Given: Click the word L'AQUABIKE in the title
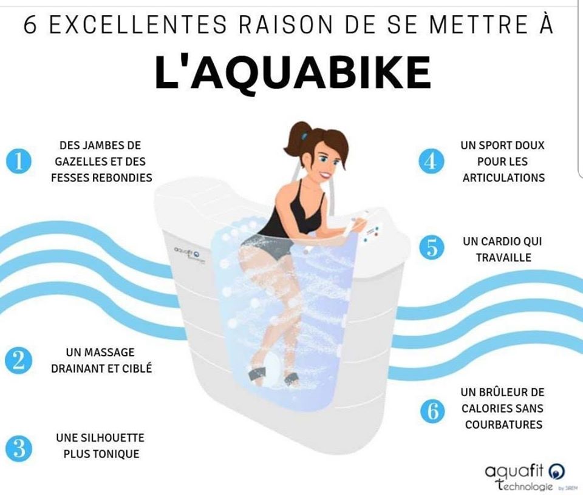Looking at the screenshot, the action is tap(293, 72).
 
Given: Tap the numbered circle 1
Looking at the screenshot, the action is tap(19, 161).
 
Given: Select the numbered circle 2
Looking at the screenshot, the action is tap(18, 360).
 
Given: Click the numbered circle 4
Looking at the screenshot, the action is tap(431, 161).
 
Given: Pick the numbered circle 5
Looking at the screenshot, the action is tap(432, 248).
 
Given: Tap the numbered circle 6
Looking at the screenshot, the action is tap(433, 411).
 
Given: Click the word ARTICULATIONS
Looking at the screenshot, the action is tap(503, 178).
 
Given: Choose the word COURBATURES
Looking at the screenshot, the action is tap(504, 424).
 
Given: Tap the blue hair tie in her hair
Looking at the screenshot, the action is tap(304, 136).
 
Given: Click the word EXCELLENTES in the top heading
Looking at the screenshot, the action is tap(138, 25).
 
